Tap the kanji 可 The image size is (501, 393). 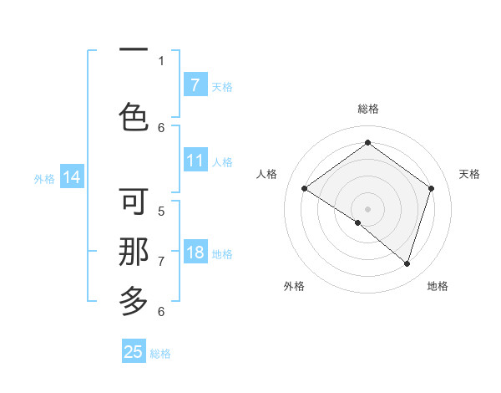[x=134, y=202]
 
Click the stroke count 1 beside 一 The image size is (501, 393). [x=161, y=60]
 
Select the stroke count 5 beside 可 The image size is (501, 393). [x=161, y=211]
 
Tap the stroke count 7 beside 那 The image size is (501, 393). [x=161, y=261]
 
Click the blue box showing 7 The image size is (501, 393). [x=195, y=84]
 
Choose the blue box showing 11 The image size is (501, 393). [x=195, y=160]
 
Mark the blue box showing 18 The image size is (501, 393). [x=195, y=252]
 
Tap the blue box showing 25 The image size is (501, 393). [x=134, y=352]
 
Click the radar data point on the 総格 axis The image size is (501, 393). [x=367, y=142]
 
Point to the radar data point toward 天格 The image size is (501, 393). [x=431, y=188]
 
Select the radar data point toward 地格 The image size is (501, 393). [x=407, y=263]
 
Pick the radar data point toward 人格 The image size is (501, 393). [x=304, y=188]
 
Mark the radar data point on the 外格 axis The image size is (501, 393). [x=358, y=222]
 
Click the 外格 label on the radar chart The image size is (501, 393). [x=294, y=286]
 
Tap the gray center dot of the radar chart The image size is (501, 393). [x=367, y=208]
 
